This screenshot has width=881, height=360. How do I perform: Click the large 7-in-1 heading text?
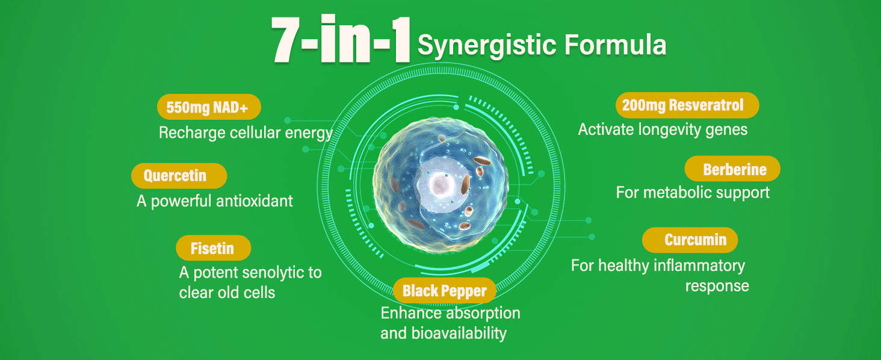click(x=340, y=41)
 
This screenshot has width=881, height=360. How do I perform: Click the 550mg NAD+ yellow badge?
click(x=209, y=107)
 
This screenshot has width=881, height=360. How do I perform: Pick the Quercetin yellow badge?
click(x=179, y=176)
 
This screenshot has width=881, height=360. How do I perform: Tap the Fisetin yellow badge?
click(x=213, y=248)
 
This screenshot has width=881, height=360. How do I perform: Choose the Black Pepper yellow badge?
click(x=445, y=291)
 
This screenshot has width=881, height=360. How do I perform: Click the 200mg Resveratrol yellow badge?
click(x=687, y=105)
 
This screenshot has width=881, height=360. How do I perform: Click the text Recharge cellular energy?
click(x=246, y=132)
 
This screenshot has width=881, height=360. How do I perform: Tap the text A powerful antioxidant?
click(x=215, y=201)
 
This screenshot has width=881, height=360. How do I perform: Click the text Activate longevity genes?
click(x=663, y=129)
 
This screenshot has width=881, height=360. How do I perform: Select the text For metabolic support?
click(x=693, y=193)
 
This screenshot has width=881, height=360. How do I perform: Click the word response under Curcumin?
click(x=717, y=285)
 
